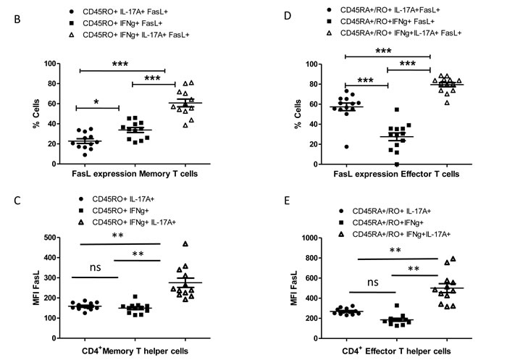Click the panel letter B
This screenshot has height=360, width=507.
coord(17,19)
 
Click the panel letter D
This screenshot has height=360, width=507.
coord(287,15)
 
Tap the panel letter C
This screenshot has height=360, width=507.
coord(17,201)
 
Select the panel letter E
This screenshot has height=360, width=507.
coord(287,201)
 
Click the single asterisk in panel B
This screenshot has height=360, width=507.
coord(96,102)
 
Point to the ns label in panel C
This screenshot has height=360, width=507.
coord(95,267)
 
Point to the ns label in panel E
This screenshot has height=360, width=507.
coord(372,282)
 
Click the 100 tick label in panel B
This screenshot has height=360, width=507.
coord(50,64)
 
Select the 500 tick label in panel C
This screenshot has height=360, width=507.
coord(49,238)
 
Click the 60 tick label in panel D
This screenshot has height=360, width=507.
coord(314,104)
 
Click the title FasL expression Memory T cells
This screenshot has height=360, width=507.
coord(135,174)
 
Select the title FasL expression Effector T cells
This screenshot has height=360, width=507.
coord(396,175)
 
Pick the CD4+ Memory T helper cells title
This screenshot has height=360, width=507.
coord(135,351)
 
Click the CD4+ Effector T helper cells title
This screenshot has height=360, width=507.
coord(396,351)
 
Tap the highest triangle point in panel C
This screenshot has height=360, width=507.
coord(185,244)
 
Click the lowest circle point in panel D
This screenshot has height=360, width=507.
coord(346,147)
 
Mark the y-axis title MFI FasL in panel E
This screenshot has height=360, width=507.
coord(293,288)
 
